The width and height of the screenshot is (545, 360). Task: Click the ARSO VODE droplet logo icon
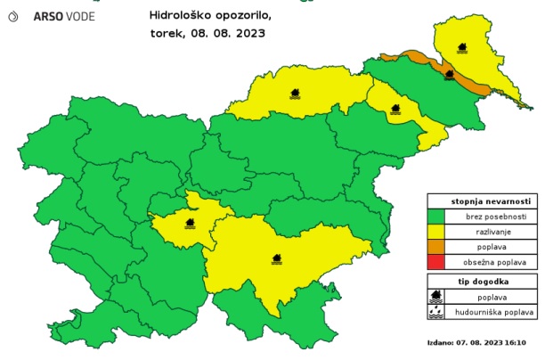tap(13, 16)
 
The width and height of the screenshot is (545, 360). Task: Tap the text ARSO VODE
tap(63, 16)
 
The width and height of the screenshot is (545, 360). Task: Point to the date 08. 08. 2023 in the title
tap(233, 34)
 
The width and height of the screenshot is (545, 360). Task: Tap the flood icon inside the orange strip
tap(450, 75)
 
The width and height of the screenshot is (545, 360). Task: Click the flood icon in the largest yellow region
tap(277, 259)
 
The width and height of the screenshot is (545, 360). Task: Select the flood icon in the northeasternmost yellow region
tap(462, 47)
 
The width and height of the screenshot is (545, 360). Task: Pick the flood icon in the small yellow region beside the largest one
tap(189, 224)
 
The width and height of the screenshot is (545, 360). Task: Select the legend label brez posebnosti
tap(490, 216)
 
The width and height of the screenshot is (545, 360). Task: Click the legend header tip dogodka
tap(481, 281)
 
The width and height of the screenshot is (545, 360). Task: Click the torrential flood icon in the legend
tap(435, 312)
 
